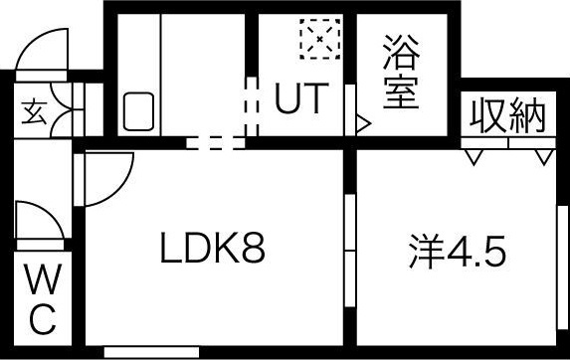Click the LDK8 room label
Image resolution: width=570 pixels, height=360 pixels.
point(212,250)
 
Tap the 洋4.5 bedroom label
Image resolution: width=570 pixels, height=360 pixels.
point(457,250)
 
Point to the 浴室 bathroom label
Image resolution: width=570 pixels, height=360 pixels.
point(402,73)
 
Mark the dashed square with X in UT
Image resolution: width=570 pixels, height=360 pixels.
point(319,41)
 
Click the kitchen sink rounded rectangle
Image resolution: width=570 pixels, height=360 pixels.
point(138,111)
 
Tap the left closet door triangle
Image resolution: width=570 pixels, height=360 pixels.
point(474,156)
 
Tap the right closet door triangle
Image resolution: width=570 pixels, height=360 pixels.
point(542,156)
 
